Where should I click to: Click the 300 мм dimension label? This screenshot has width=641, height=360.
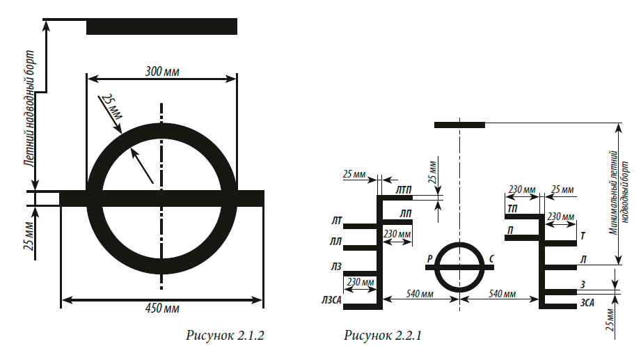tap(162, 72)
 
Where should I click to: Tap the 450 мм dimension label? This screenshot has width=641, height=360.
tap(162, 308)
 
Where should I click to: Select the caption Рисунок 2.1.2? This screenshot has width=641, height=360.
tap(225, 336)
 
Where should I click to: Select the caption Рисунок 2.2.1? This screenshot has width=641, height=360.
tap(383, 336)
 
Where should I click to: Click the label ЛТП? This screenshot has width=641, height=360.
tap(404, 190)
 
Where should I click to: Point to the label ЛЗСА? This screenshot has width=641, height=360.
tap(331, 301)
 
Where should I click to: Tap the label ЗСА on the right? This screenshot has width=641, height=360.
tap(587, 303)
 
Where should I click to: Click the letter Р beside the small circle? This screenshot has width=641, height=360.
tap(429, 259)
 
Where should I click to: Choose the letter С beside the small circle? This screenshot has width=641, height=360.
tap(491, 259)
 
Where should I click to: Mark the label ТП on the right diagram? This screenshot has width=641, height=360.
tap(512, 209)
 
